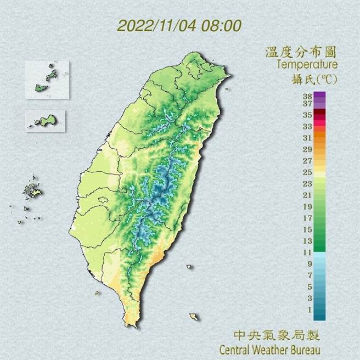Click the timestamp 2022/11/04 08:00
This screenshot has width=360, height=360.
pyautogui.click(x=179, y=26)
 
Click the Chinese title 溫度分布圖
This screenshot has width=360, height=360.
pyautogui.click(x=300, y=52)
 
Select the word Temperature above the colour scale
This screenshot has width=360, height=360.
pyautogui.click(x=306, y=65)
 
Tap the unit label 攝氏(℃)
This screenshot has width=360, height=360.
pyautogui.click(x=314, y=79)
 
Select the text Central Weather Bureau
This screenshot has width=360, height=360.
pyautogui.click(x=269, y=349)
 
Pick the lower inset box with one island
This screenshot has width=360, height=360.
pyautogui.click(x=45, y=121)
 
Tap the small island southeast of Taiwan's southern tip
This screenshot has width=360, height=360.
pyautogui.click(x=193, y=317)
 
